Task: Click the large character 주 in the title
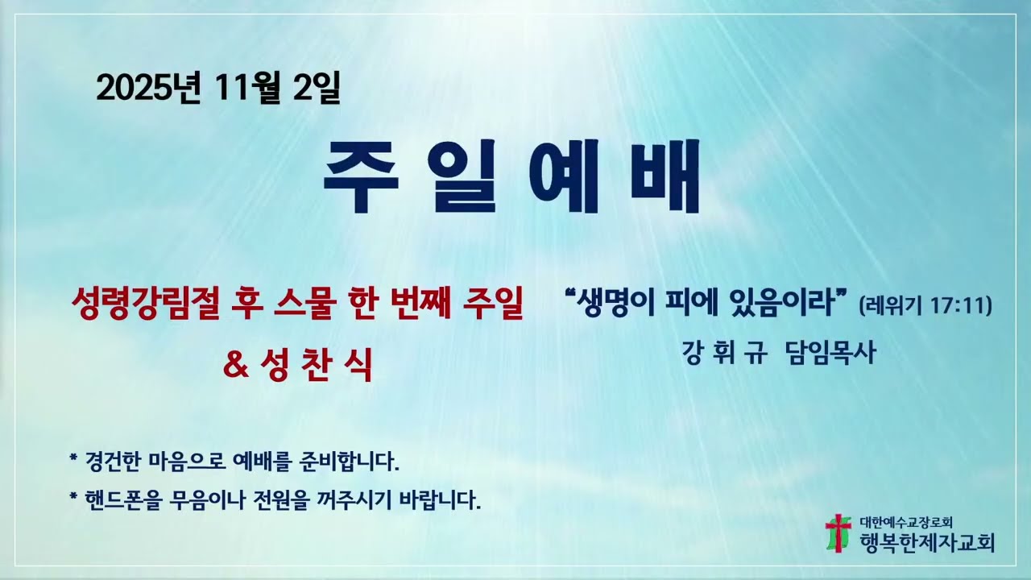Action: [360, 179]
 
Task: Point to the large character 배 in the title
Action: [662, 179]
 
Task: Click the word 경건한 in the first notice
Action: [114, 462]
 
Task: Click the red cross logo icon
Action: [838, 532]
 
